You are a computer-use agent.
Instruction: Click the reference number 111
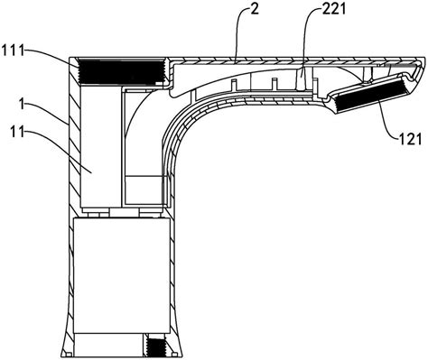click(13, 50)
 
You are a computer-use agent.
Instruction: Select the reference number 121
click(411, 139)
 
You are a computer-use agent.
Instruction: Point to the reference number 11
click(17, 132)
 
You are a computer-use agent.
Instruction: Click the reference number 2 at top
click(255, 9)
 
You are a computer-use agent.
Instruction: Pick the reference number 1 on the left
click(22, 105)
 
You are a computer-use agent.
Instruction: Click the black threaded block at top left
click(121, 71)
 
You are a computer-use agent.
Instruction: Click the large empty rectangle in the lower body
click(122, 276)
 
